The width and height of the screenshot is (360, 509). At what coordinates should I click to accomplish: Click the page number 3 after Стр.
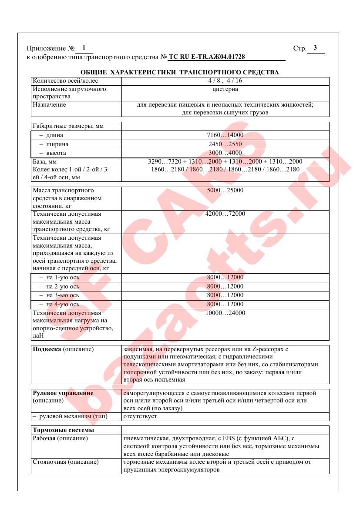click(315, 48)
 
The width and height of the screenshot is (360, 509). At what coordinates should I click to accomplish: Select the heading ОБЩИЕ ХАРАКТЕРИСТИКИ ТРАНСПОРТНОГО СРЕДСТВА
click(180, 72)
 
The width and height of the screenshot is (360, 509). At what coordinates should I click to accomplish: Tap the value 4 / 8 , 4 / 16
click(225, 81)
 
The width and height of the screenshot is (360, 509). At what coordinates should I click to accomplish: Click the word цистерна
click(225, 89)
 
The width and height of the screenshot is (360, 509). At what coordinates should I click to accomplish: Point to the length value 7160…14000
click(225, 135)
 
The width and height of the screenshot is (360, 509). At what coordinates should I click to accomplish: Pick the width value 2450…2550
click(225, 144)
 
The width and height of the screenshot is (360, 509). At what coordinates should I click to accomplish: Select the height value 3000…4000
click(225, 153)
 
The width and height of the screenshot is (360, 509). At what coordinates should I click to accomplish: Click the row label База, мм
click(45, 162)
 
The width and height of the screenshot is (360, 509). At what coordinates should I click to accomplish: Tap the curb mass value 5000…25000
click(225, 191)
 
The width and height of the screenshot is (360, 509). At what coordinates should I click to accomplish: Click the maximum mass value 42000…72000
click(225, 214)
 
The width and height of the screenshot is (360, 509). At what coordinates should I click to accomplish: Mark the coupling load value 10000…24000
click(225, 313)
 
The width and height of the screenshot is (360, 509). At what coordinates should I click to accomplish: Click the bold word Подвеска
click(47, 349)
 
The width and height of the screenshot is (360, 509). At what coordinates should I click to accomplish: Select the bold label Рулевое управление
click(63, 393)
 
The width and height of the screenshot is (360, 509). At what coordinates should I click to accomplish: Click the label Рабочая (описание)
click(61, 438)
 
